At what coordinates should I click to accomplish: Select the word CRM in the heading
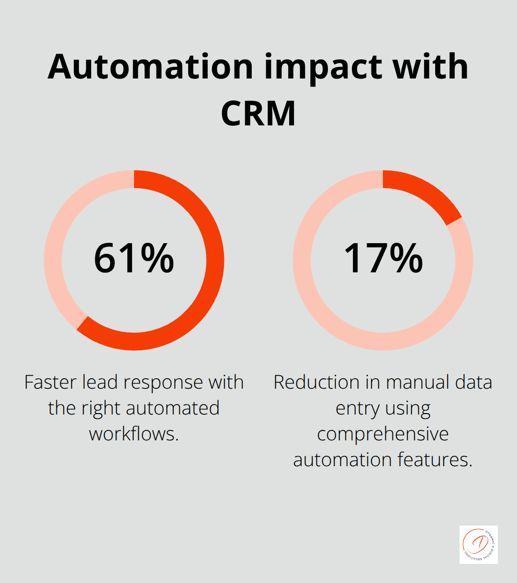[258, 113]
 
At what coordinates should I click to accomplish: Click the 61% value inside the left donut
[134, 258]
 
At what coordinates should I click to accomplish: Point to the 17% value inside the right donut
[383, 258]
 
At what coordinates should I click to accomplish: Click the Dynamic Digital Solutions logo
[479, 544]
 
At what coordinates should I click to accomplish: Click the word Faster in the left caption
[50, 382]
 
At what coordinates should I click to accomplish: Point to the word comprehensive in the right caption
[383, 434]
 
